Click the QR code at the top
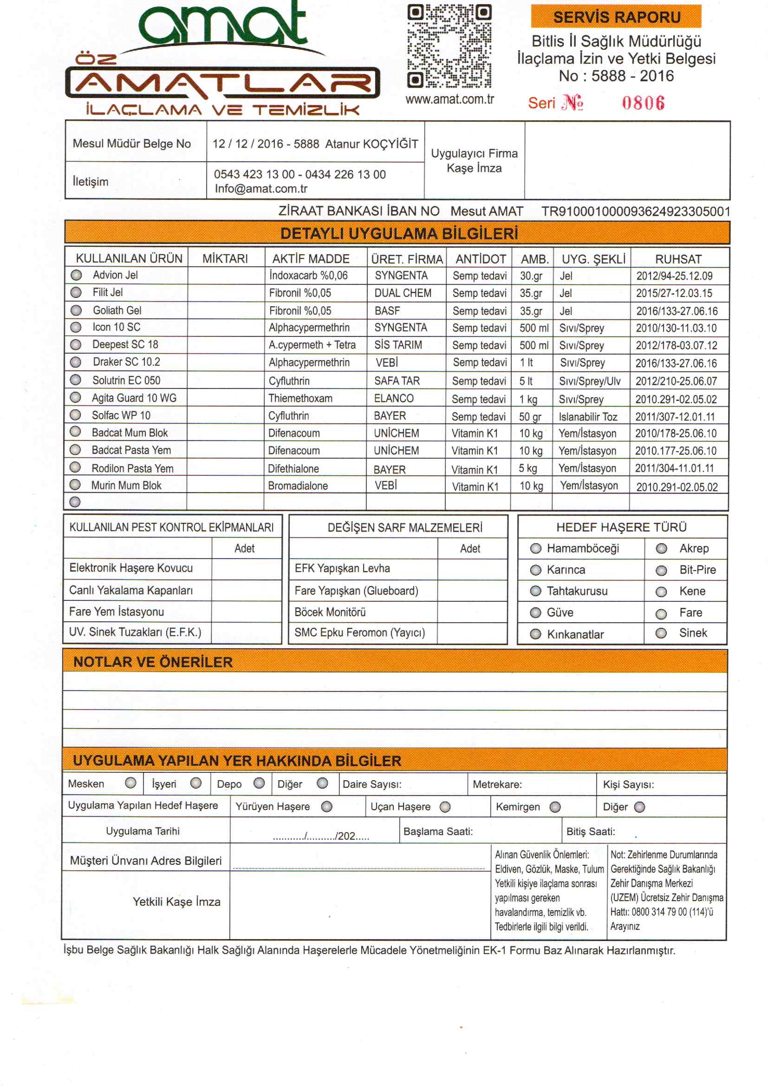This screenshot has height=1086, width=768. (449, 46)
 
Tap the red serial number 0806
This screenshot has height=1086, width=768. (643, 103)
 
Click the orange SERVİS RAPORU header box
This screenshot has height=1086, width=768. (616, 17)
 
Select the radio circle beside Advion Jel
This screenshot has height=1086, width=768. (76, 275)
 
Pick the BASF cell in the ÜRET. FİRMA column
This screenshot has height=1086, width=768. (387, 310)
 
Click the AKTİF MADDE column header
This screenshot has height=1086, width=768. (311, 259)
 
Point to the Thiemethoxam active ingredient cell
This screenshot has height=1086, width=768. (300, 398)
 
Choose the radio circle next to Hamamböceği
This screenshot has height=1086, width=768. (535, 548)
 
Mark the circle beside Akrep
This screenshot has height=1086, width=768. (661, 548)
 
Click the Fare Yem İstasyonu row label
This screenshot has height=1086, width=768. (117, 612)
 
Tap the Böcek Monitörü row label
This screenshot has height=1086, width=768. (330, 612)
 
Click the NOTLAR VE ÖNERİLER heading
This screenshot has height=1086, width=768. (153, 662)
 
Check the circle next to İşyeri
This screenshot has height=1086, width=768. (196, 783)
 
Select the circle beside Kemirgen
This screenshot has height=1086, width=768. (555, 807)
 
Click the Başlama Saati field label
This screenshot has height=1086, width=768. (438, 831)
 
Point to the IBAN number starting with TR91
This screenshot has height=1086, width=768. (636, 211)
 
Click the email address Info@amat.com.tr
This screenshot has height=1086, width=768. (261, 189)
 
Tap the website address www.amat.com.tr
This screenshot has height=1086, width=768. (449, 99)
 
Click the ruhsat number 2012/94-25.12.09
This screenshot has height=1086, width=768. (674, 276)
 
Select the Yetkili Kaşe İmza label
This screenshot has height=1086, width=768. (176, 902)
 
